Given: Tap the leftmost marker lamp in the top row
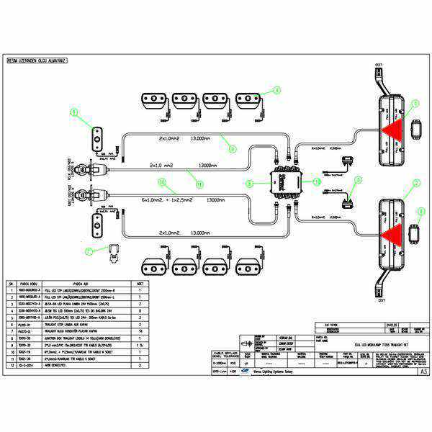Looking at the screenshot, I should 153,99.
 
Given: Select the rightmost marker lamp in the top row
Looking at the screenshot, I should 248,99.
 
